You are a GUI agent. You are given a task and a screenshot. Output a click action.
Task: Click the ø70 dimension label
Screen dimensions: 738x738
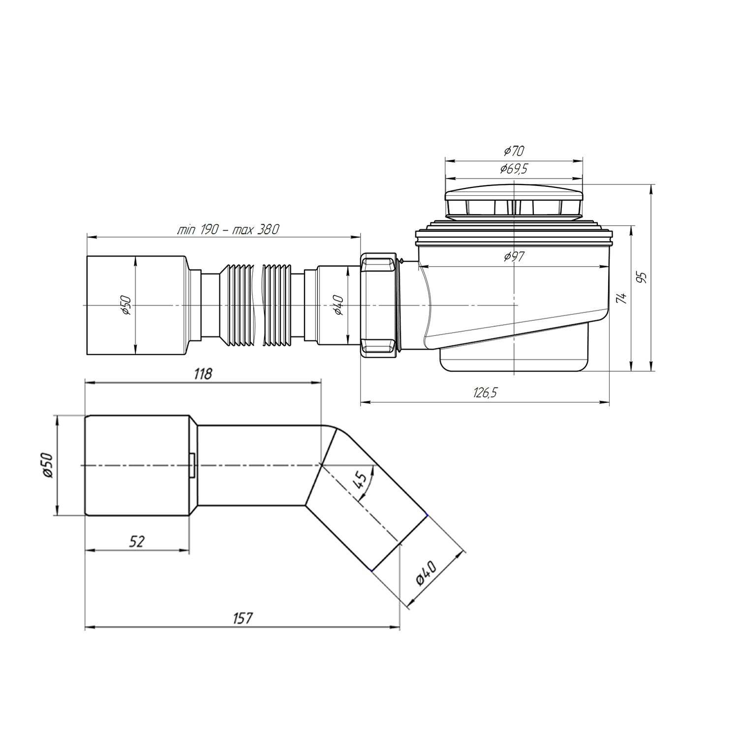tap(514, 151)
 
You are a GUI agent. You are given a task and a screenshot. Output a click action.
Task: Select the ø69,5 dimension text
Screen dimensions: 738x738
tap(514, 169)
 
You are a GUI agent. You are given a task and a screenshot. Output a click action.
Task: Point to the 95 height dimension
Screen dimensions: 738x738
tap(641, 277)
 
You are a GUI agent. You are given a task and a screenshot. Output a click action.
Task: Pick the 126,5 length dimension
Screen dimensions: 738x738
tap(485, 392)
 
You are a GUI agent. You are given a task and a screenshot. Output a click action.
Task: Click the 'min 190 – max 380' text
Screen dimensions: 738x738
tap(228, 230)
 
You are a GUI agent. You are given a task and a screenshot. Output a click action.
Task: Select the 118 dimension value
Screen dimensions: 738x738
tap(202, 374)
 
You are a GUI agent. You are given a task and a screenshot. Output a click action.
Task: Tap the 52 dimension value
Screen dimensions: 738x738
tap(137, 542)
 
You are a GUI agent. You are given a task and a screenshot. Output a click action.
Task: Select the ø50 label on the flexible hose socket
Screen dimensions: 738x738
tap(126, 305)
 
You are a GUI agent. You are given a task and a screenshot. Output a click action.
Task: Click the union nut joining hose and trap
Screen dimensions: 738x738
tap(379, 305)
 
